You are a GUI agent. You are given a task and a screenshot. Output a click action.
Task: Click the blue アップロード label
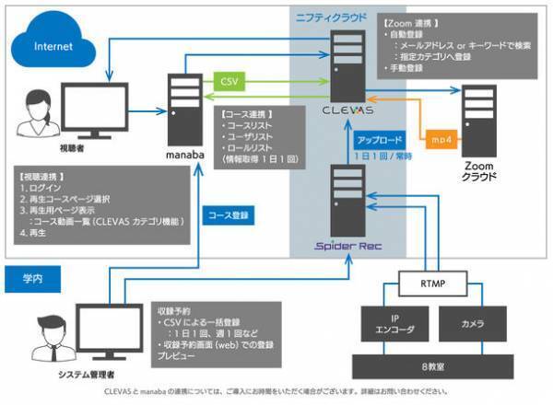(379, 141)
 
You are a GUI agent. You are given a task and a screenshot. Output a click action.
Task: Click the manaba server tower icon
(185, 105)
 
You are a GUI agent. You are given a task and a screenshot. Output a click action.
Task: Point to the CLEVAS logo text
(347, 109)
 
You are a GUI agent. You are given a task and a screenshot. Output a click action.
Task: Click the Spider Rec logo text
(347, 247)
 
